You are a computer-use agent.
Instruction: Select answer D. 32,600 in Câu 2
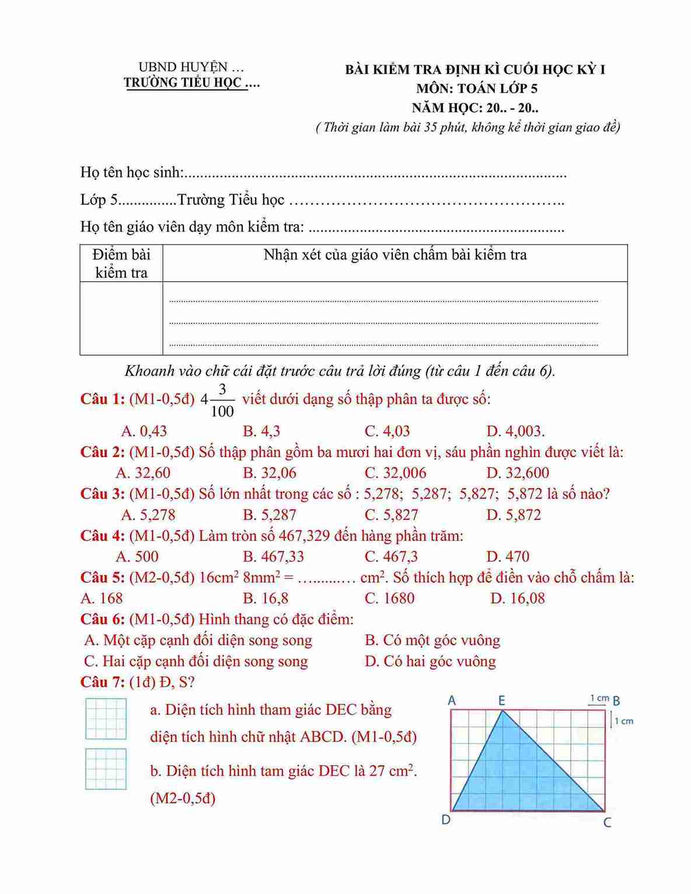click(518, 473)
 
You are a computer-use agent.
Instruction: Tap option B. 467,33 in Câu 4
click(273, 556)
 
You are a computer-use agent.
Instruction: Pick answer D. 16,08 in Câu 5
click(518, 598)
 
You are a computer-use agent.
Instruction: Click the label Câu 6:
click(102, 619)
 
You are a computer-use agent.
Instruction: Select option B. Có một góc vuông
click(432, 640)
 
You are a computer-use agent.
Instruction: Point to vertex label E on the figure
click(501, 700)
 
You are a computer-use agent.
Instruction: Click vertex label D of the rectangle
click(446, 820)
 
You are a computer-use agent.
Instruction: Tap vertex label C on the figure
click(607, 823)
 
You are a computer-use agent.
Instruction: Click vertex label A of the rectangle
click(452, 700)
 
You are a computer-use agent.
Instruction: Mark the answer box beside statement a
click(106, 719)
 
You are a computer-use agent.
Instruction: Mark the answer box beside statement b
click(106, 769)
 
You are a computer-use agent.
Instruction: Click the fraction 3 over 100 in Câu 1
click(222, 400)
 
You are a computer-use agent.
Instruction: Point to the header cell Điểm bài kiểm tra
click(121, 263)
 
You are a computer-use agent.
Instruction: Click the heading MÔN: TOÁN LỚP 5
click(476, 89)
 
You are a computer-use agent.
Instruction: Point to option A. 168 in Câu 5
click(102, 598)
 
